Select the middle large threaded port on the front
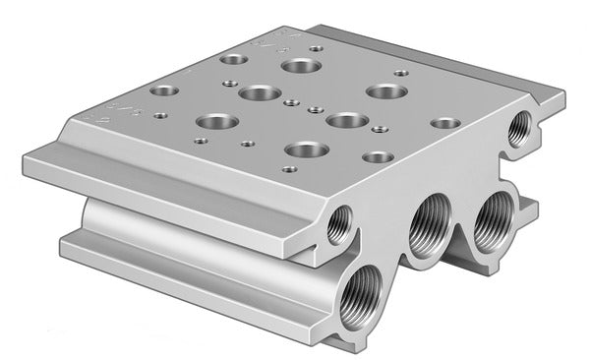(x=430, y=226)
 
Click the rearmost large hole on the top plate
(x=296, y=66)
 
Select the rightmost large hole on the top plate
(x=385, y=91)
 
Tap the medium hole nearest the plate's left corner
(x=163, y=90)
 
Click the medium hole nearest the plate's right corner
(x=444, y=124)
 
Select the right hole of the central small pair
(x=315, y=109)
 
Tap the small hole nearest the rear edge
(x=315, y=47)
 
